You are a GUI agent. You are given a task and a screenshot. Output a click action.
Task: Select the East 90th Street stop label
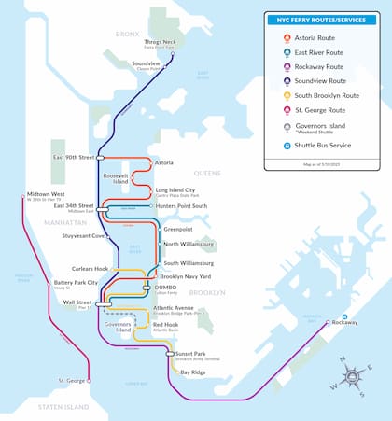pyautogui.click(x=73, y=157)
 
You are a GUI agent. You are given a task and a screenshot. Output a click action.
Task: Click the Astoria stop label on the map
pyautogui.click(x=163, y=162)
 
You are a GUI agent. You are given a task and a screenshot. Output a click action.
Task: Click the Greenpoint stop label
pyautogui.click(x=177, y=229)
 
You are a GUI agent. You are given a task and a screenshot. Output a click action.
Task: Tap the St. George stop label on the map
pyautogui.click(x=73, y=381)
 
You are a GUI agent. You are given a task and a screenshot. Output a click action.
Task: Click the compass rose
pyautogui.click(x=356, y=376)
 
